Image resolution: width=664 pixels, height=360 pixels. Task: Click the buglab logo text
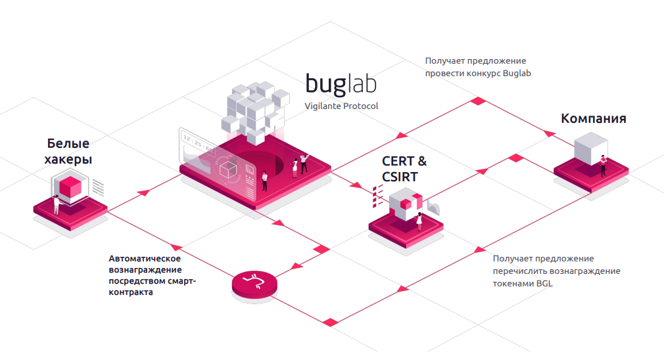(x=340, y=85)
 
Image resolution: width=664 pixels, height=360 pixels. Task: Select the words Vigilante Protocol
(x=341, y=106)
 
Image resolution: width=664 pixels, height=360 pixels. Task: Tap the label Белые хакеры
(x=68, y=151)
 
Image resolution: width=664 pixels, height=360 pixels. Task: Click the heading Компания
(x=593, y=119)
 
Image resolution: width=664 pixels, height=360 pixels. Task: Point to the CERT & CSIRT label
(x=404, y=168)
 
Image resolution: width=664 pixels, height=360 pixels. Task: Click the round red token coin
(x=254, y=284)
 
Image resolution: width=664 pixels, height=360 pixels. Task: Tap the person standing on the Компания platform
(x=602, y=166)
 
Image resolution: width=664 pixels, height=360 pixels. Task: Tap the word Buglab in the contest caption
(x=517, y=73)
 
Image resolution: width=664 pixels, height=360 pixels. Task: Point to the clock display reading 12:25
(x=197, y=142)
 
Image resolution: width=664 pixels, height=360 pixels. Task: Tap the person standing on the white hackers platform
(x=57, y=204)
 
